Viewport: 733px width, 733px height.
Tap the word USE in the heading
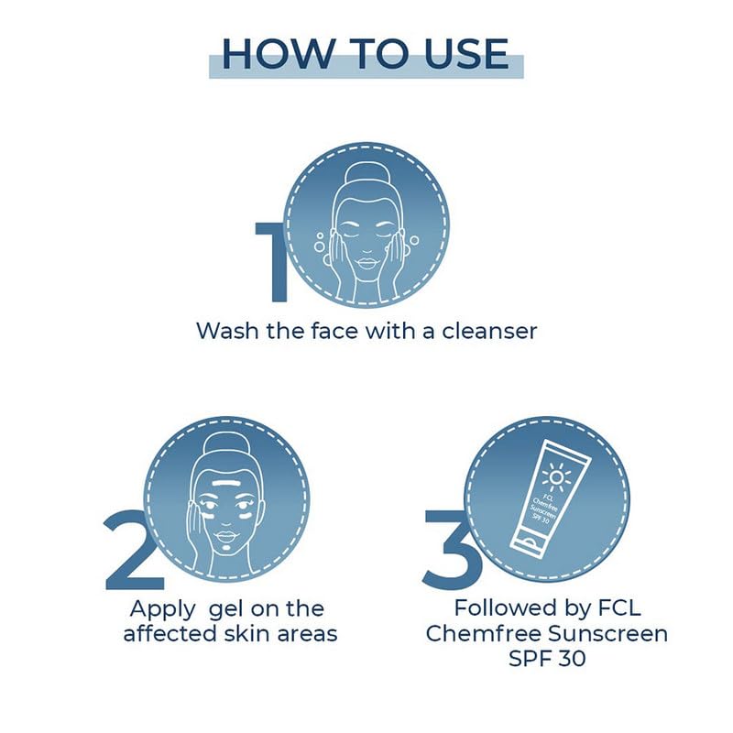coord(465,54)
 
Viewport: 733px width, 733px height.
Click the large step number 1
coord(271,261)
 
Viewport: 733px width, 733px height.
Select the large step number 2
coord(133,549)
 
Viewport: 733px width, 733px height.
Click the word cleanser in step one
coord(489,331)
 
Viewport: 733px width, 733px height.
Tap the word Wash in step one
coord(227,331)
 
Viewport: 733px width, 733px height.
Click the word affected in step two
coord(170,634)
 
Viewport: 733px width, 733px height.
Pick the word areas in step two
coord(307,635)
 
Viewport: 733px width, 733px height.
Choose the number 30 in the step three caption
coord(572,659)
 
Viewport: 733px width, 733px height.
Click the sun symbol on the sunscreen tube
coord(556,476)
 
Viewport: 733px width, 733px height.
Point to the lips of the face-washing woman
coord(367,263)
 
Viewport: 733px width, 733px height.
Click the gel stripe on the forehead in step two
coord(226,482)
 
